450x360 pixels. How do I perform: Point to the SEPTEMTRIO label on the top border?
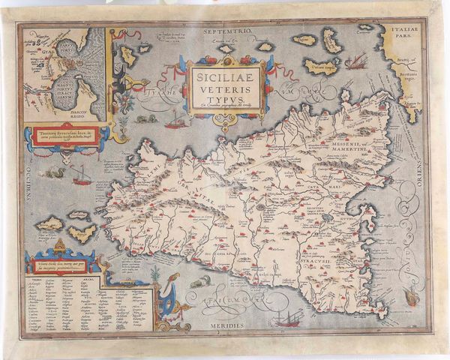225,31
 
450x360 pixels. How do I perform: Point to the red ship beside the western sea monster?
81,177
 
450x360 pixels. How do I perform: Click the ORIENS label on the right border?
427,180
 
